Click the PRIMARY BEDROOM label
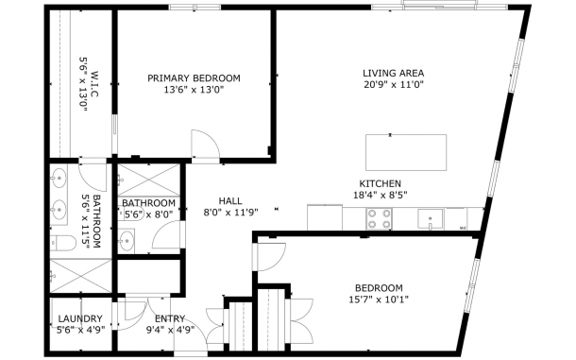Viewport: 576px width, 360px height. (194, 78)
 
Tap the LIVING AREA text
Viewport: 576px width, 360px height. (394, 73)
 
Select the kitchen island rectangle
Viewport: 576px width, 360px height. (406, 152)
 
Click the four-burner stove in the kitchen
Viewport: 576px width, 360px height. (379, 219)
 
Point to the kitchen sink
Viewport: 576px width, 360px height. (431, 219)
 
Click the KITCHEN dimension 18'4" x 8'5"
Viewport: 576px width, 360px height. (381, 195)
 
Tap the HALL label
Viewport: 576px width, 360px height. (230, 200)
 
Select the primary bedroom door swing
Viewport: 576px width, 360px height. (205, 145)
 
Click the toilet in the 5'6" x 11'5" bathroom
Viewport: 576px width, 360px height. (63, 243)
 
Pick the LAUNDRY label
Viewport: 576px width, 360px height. (80, 318)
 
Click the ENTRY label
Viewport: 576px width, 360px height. (170, 318)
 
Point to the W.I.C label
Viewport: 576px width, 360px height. (95, 84)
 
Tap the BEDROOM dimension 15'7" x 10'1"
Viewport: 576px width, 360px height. (379, 300)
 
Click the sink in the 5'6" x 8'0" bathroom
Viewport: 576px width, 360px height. (127, 241)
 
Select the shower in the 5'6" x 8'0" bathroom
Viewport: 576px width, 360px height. (149, 180)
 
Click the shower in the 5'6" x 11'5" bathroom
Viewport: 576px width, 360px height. (80, 275)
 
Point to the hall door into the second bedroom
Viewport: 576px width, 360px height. (271, 257)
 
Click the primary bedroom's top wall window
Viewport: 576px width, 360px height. (195, 7)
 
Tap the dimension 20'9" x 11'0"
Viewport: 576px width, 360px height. (394, 85)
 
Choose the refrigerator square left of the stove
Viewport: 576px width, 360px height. (325, 217)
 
